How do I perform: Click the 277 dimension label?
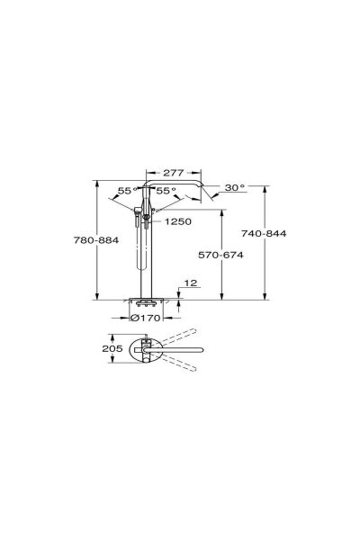pos(176,172)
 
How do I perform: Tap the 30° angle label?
pos(235,188)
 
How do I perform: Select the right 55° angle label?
pos(166,191)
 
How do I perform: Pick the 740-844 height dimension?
pos(293,232)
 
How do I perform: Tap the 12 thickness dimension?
pos(189,283)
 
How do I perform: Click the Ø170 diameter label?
pos(146,317)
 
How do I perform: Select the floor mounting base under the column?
pos(148,304)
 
